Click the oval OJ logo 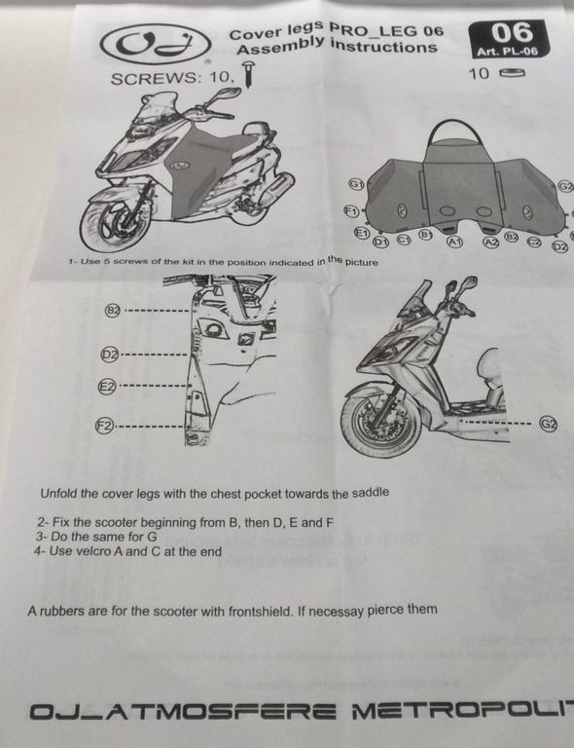coord(156,44)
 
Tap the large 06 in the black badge coord(512,33)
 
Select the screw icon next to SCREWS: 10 coord(249,75)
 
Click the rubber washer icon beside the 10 coord(512,73)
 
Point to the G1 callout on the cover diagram coord(356,184)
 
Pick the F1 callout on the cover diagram coord(351,210)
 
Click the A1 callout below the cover coord(454,242)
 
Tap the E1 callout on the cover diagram coord(363,233)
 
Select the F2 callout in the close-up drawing coord(105,426)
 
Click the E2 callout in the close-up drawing coord(107,387)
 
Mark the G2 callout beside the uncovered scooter coord(549,424)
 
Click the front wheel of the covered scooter coord(114,224)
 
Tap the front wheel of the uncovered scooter coord(381,424)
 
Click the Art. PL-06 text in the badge coord(507,52)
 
